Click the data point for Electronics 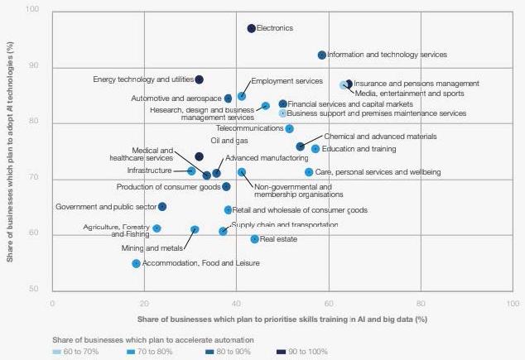[252, 29]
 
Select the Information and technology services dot [322, 55]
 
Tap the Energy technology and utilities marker [199, 79]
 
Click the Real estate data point [254, 239]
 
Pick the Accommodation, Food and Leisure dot [136, 263]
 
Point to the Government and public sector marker [162, 207]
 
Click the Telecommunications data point [289, 128]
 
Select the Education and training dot [315, 149]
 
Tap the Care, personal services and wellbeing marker [309, 172]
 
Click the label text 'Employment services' [287, 81]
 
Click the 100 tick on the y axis [33, 10]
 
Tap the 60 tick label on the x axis [329, 303]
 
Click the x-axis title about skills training [282, 319]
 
